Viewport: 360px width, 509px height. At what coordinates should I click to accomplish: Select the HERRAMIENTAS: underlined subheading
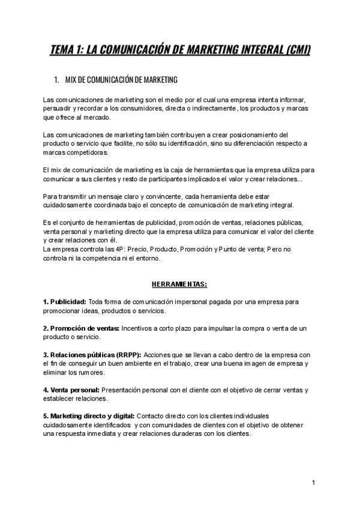click(179, 283)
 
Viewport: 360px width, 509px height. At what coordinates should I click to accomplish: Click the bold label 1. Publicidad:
click(65, 301)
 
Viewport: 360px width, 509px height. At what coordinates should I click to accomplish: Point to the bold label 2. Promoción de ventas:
click(81, 328)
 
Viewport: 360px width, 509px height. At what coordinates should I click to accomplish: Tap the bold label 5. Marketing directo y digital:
click(89, 416)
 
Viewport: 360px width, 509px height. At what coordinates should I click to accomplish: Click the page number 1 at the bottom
click(314, 483)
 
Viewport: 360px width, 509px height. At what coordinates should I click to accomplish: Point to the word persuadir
click(59, 109)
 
